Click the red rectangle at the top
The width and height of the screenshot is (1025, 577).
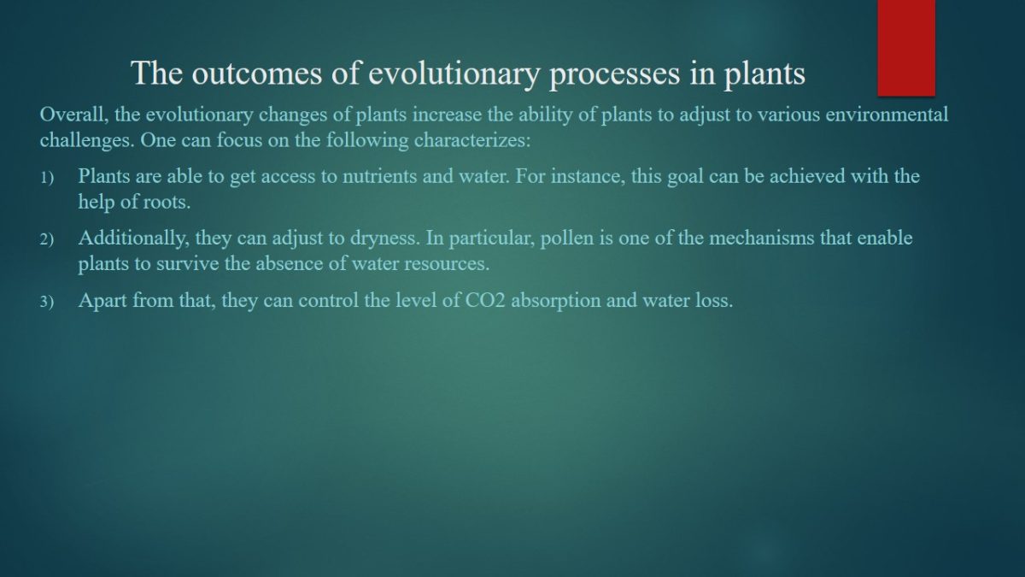pyautogui.click(x=906, y=48)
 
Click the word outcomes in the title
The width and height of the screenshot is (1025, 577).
pyautogui.click(x=257, y=74)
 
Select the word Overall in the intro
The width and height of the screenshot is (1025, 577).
pyautogui.click(x=74, y=115)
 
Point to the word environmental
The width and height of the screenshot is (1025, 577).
pyautogui.click(x=887, y=115)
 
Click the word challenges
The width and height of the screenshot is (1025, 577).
pyautogui.click(x=87, y=140)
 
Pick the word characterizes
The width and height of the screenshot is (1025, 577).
pyautogui.click(x=472, y=140)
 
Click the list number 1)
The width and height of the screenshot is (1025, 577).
pyautogui.click(x=47, y=178)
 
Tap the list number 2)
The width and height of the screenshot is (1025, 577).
pyautogui.click(x=47, y=239)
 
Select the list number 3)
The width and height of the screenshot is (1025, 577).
pyautogui.click(x=47, y=302)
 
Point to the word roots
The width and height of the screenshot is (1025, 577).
pyautogui.click(x=167, y=202)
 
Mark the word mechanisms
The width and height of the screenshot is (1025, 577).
pyautogui.click(x=762, y=238)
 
